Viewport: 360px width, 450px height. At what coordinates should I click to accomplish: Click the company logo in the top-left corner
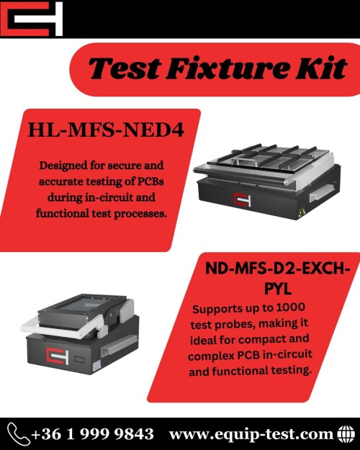coord(31,19)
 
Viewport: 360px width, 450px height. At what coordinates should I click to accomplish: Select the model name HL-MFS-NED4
coord(106,130)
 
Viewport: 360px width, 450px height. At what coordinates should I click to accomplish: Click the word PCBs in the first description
coord(150,181)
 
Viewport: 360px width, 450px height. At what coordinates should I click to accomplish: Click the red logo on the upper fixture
coord(242,199)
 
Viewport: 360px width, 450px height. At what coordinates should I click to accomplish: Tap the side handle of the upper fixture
coord(321,192)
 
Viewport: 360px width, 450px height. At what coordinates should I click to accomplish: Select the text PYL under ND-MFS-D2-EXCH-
coord(278,289)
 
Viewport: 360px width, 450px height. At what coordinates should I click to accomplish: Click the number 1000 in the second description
coord(290,307)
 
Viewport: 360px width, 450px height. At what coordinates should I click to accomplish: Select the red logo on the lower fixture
coord(58,356)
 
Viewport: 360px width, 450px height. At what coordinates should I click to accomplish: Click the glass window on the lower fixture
coord(86,304)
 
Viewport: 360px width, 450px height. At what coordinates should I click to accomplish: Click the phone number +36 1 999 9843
coord(92,434)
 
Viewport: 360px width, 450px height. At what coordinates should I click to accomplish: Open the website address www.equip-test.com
coord(251,434)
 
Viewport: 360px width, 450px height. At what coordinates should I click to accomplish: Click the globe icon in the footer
coord(346,434)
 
